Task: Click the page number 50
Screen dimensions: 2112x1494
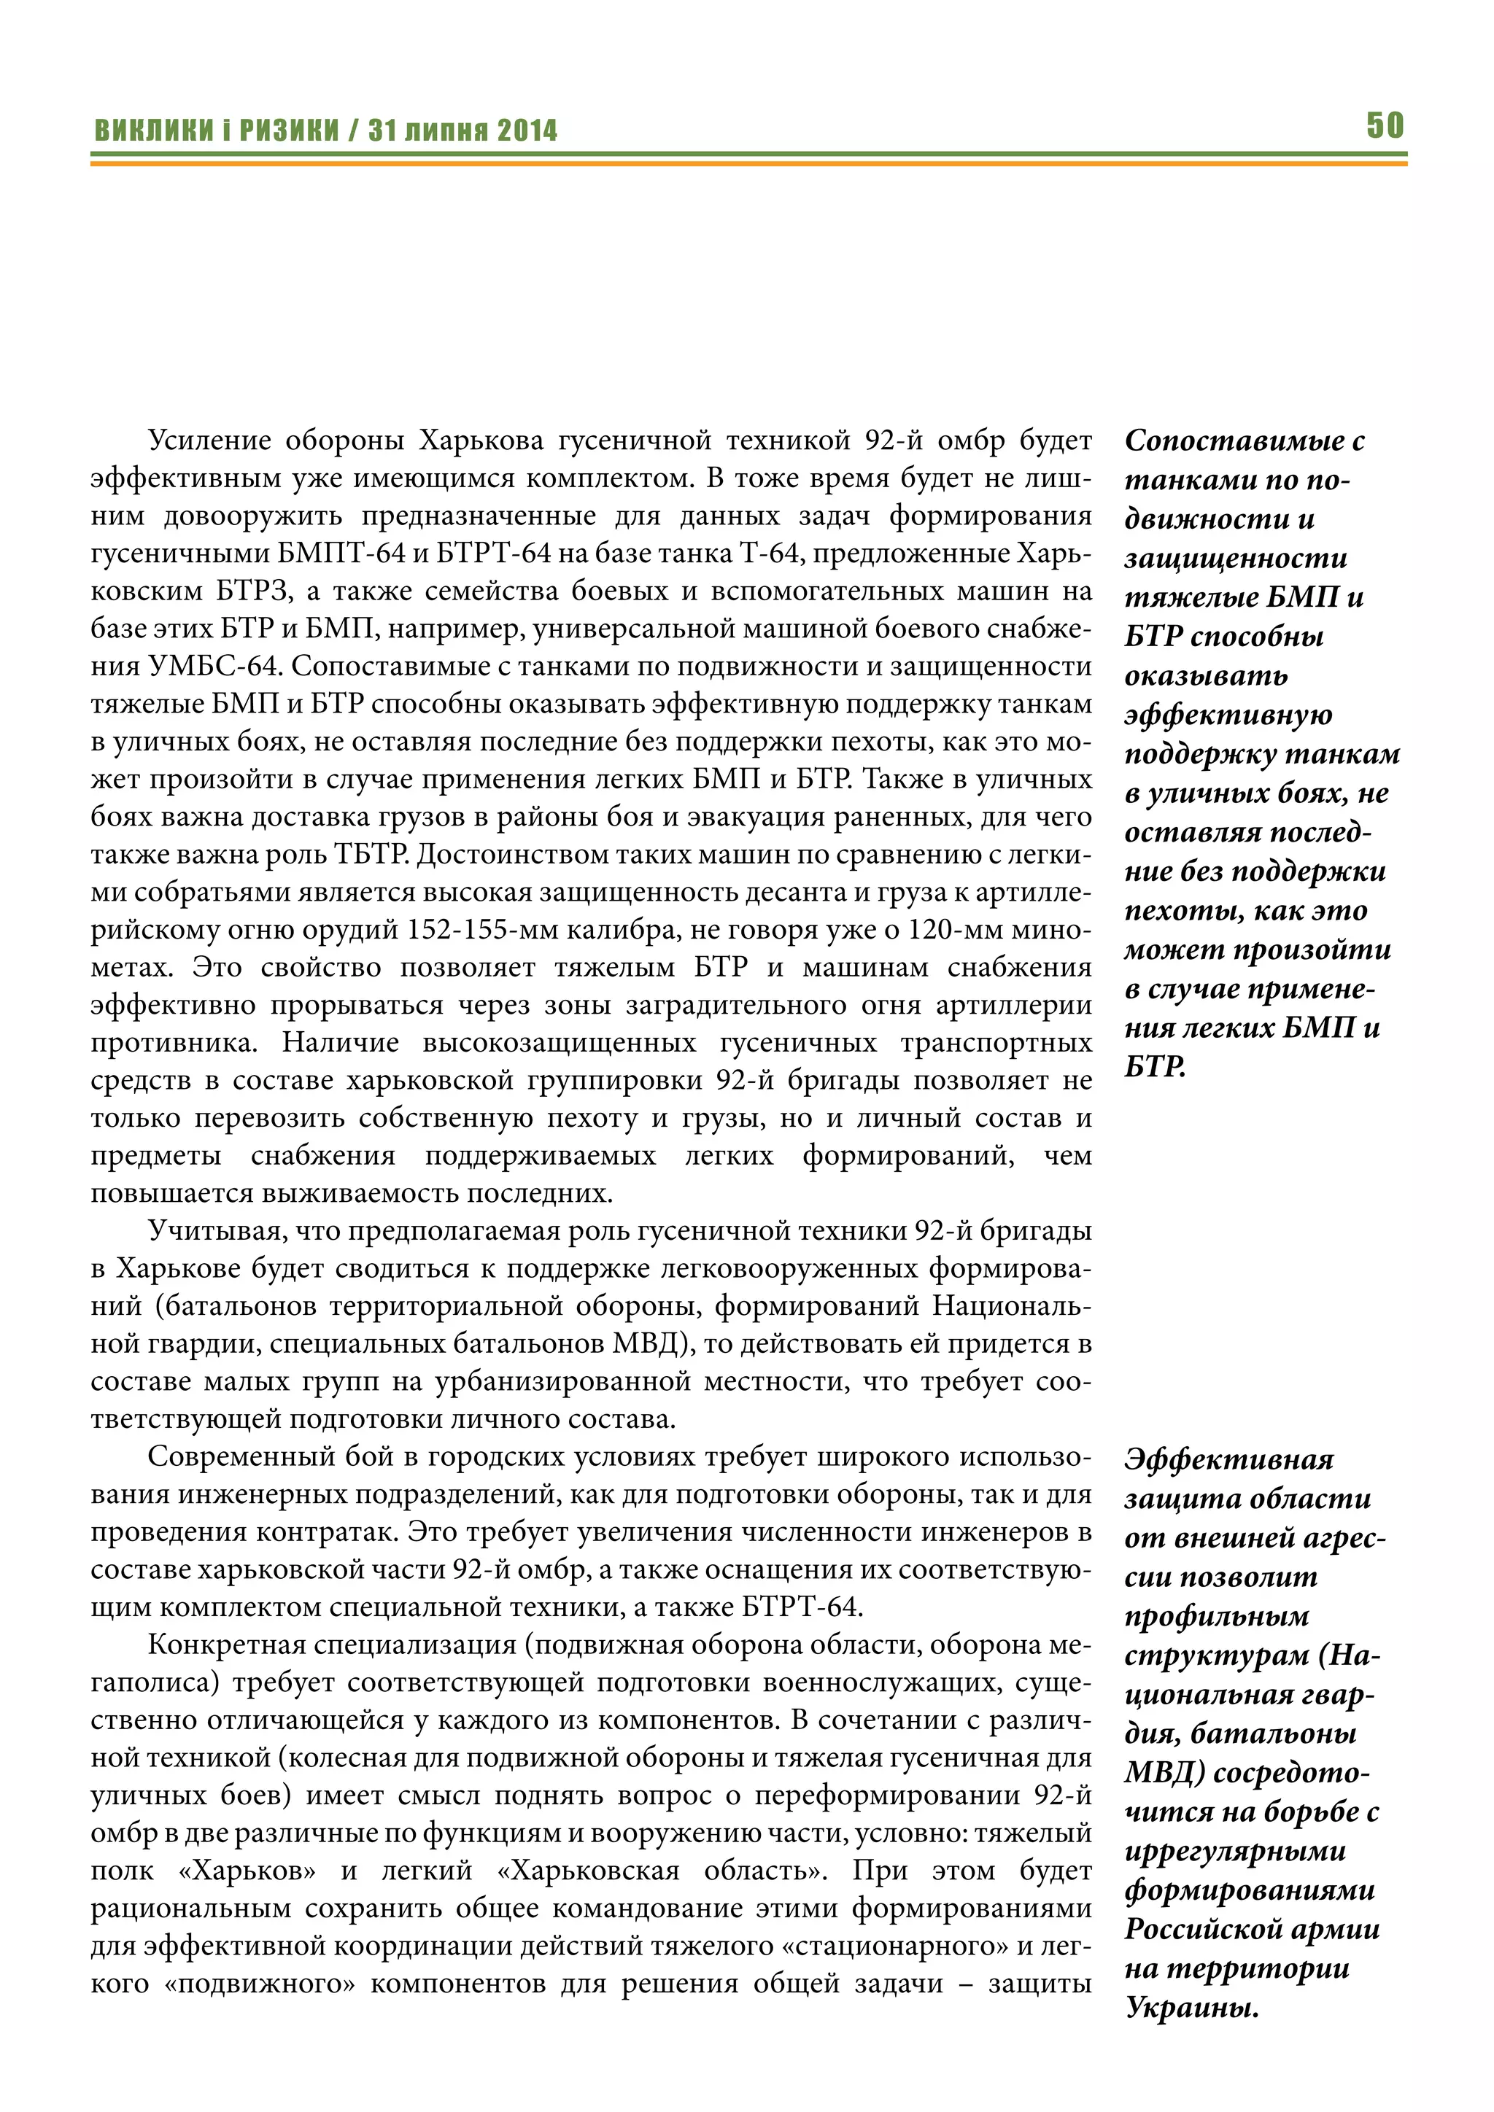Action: coord(1385,125)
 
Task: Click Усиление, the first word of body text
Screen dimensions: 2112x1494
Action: coord(208,440)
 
